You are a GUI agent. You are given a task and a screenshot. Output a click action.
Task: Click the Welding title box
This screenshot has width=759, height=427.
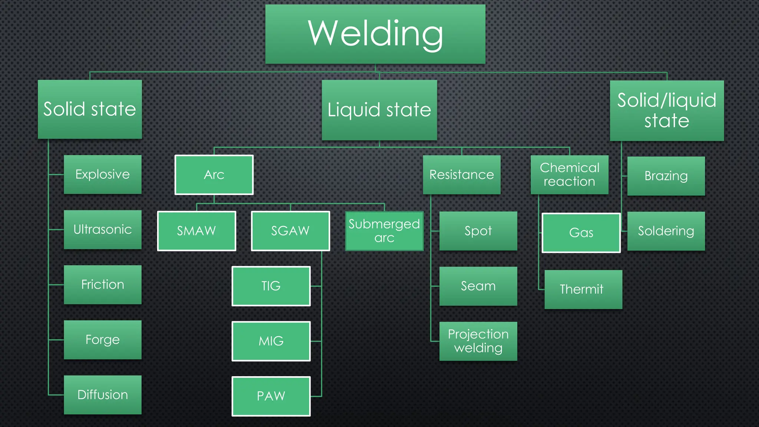click(375, 34)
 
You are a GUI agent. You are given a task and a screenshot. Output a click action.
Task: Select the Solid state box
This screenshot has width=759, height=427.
click(90, 109)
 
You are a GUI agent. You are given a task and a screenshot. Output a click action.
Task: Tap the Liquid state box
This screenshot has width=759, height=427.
click(379, 110)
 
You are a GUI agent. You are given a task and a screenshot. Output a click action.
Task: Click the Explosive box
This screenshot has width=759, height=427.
click(103, 174)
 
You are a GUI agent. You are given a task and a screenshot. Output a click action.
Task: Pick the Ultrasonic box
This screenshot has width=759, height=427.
click(103, 229)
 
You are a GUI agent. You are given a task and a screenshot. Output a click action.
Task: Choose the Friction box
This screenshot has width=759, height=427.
click(103, 285)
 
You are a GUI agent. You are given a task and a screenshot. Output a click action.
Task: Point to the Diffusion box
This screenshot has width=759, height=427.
click(103, 395)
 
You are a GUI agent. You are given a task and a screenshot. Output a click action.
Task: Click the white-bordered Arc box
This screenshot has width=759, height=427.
click(214, 175)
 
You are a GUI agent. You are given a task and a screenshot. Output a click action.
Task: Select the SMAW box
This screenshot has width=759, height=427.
click(196, 231)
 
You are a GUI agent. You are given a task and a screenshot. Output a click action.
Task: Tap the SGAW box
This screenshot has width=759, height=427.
click(290, 231)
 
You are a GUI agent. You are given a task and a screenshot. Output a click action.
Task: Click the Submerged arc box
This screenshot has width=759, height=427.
click(384, 231)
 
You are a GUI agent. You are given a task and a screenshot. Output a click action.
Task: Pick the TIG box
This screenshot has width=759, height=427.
click(271, 286)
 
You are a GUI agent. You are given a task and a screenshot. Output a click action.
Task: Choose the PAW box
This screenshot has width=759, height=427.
click(271, 396)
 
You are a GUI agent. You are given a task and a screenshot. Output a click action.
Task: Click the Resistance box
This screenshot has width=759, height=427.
click(461, 175)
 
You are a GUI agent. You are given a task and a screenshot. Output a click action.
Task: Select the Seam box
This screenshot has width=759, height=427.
click(478, 286)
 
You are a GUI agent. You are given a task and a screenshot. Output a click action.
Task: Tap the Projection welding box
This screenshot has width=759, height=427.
click(478, 341)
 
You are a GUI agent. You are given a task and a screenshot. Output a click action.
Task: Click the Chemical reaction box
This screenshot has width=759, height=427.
click(569, 175)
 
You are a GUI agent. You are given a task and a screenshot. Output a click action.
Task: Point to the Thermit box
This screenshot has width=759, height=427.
click(583, 289)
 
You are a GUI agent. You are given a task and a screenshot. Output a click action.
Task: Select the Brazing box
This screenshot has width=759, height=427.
click(666, 176)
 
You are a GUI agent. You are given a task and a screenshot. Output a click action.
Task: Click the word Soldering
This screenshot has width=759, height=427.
click(666, 231)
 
